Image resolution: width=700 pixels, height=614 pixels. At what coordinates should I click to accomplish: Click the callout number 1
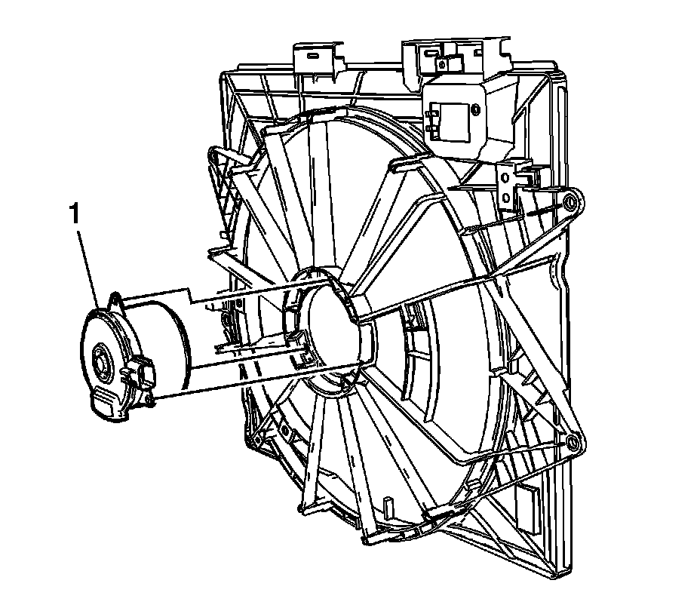click(75, 213)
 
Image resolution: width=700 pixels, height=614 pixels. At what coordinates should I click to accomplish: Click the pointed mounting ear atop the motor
click(115, 300)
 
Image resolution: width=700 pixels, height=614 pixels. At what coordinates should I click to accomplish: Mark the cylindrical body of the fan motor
click(156, 344)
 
